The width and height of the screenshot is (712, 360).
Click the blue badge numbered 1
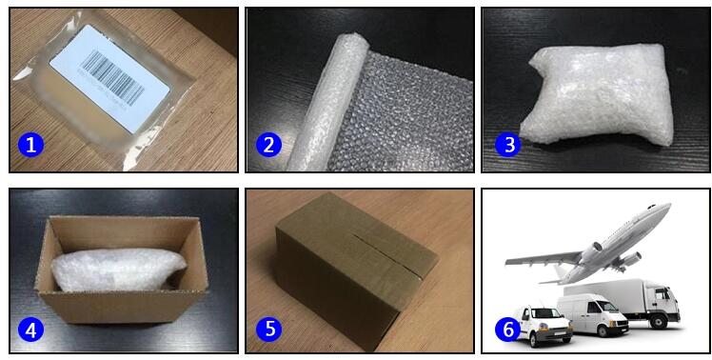[31, 145]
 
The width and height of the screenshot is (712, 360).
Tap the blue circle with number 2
[268, 145]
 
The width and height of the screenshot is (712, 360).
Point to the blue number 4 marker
[31, 330]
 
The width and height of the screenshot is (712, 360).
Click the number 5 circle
[268, 330]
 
